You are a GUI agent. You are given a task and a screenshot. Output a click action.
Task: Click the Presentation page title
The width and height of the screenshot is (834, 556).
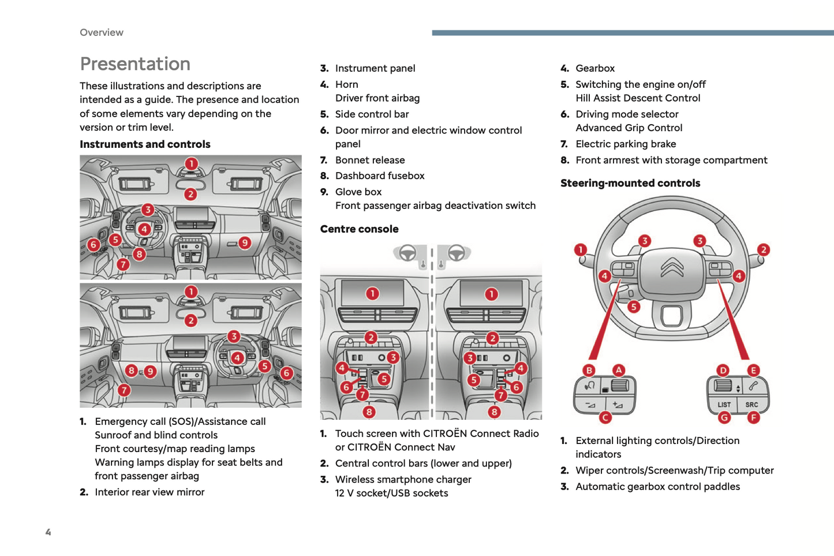tap(135, 64)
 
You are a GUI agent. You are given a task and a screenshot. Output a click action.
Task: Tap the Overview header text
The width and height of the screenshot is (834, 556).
tap(102, 32)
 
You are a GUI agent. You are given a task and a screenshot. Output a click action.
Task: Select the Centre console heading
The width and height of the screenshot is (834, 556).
tap(359, 229)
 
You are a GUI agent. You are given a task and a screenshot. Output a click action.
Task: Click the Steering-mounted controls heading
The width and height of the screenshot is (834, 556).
tap(630, 183)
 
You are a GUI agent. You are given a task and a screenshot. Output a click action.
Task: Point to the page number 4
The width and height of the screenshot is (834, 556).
tap(48, 532)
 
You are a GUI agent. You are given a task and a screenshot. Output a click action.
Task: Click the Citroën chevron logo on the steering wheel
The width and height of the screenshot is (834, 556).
tap(672, 268)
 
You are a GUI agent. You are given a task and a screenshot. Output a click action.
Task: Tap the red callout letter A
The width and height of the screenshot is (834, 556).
tap(619, 370)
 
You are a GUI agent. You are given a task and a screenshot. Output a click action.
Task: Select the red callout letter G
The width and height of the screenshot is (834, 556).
tap(724, 417)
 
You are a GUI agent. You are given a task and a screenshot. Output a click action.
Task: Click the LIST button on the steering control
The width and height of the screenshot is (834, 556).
tap(724, 405)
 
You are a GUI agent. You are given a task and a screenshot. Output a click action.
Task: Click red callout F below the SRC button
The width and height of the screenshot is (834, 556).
tap(753, 417)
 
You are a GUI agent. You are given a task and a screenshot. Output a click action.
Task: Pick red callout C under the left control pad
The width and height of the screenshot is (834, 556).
tap(605, 417)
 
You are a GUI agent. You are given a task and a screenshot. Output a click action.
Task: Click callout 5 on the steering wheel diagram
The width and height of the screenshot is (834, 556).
tap(634, 307)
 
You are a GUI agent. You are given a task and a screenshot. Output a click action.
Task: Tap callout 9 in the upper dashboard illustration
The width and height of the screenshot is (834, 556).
tap(245, 243)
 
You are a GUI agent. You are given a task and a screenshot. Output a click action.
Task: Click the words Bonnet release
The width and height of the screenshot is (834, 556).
tap(370, 160)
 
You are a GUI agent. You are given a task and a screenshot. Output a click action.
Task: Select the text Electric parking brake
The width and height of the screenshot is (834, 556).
tap(626, 144)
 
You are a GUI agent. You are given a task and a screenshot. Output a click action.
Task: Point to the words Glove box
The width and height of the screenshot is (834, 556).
tap(358, 192)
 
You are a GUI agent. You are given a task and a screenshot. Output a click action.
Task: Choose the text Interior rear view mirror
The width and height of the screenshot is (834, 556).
tap(149, 492)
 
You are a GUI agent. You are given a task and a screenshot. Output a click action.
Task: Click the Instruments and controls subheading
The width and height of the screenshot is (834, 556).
tap(145, 144)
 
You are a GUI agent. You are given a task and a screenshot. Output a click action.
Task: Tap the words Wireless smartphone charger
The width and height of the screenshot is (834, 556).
tap(403, 479)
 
